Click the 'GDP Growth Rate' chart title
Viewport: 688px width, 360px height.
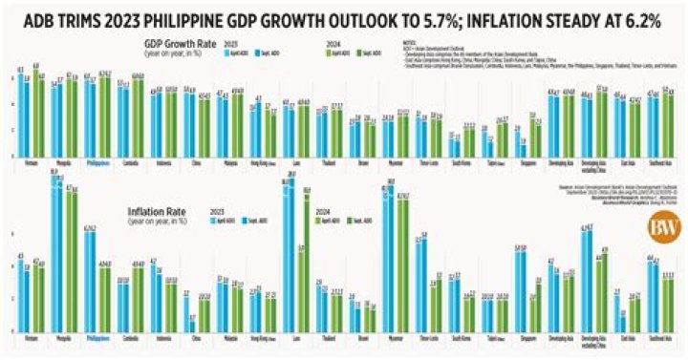(x=175, y=44)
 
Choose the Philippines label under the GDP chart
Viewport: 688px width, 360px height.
(x=97, y=162)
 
